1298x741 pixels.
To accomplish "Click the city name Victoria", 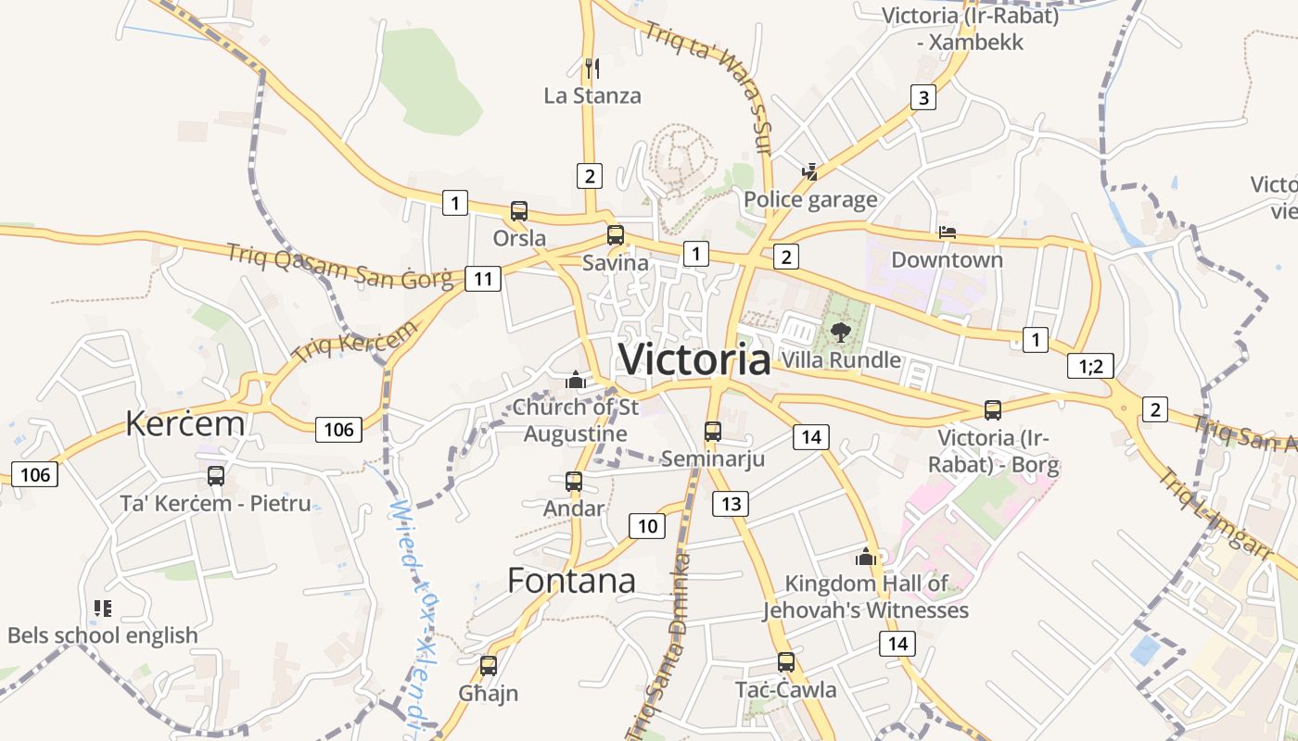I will pyautogui.click(x=694, y=359).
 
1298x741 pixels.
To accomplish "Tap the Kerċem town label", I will pyautogui.click(x=185, y=423).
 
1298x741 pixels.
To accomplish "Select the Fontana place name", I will pyautogui.click(x=571, y=580).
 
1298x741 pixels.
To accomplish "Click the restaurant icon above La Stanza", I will pyautogui.click(x=592, y=68).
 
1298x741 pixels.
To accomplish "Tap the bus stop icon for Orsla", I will pyautogui.click(x=519, y=211).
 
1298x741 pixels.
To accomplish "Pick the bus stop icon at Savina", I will pyautogui.click(x=616, y=235).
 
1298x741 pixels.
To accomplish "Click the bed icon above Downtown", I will pyautogui.click(x=947, y=232).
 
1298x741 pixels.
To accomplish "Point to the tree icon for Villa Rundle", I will pyautogui.click(x=841, y=332).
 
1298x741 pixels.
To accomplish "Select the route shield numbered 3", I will pyautogui.click(x=923, y=97).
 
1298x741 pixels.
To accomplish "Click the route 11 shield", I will pyautogui.click(x=483, y=278).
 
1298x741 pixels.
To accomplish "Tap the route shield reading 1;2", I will pyautogui.click(x=1090, y=366).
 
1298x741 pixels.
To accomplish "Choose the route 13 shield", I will pyautogui.click(x=731, y=503).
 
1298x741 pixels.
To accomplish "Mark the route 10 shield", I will pyautogui.click(x=647, y=526).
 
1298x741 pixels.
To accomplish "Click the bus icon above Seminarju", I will pyautogui.click(x=712, y=431).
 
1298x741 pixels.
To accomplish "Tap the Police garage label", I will pyautogui.click(x=810, y=199).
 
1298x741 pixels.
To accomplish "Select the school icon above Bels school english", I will pyautogui.click(x=103, y=609).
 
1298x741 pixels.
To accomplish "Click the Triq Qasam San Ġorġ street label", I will pyautogui.click(x=340, y=266).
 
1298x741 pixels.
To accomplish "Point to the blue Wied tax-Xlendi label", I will pyautogui.click(x=414, y=611).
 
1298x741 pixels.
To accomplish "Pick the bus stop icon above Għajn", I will pyautogui.click(x=489, y=665).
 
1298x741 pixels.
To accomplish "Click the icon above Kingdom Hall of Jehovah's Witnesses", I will pyautogui.click(x=866, y=557).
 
